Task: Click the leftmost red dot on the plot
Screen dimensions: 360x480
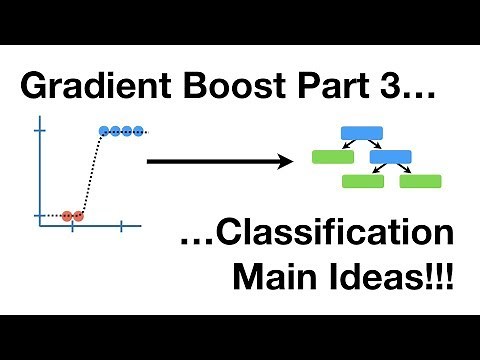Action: [x=67, y=215]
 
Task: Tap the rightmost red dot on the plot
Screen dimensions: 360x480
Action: [x=79, y=215]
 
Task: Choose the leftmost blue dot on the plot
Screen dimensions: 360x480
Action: [x=104, y=131]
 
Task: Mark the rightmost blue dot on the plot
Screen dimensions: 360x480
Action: [x=140, y=131]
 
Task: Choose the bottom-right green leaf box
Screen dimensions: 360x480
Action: [x=421, y=181]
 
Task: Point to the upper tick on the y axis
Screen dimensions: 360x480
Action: [x=40, y=131]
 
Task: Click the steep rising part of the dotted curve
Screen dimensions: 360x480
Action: [x=90, y=175]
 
